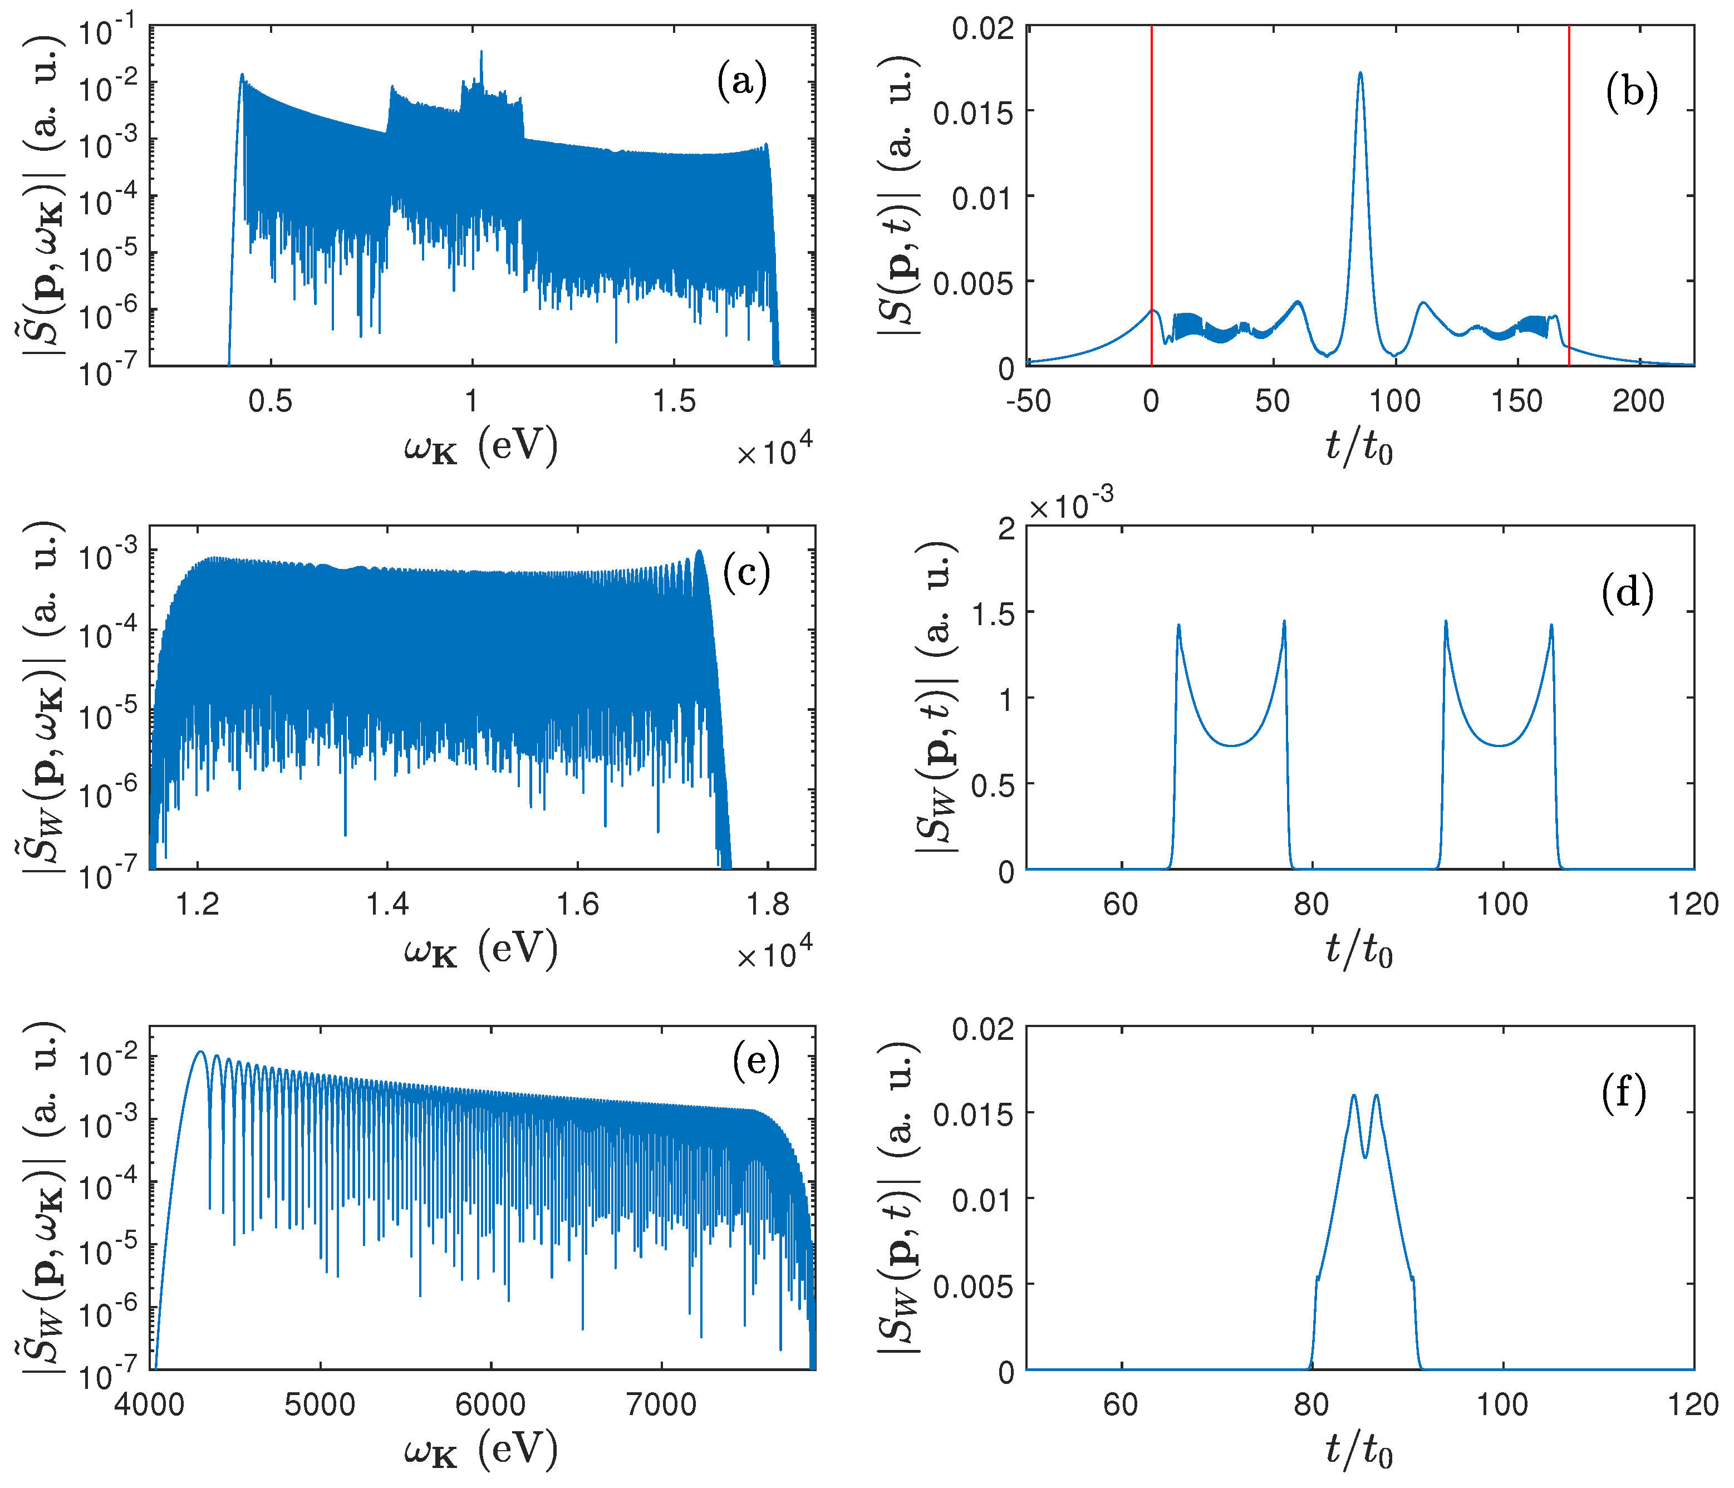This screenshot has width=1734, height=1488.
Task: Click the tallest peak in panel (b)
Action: [1360, 73]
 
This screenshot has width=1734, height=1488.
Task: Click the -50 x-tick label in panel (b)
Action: [1028, 402]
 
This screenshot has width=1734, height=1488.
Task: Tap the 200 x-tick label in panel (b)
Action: [1638, 402]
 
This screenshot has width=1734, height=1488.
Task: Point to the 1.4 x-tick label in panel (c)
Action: [387, 905]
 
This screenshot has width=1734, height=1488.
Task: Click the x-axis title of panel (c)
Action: [480, 950]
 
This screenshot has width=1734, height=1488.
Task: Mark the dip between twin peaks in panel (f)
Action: [1365, 1157]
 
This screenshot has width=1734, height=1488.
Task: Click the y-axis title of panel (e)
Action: [43, 1197]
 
